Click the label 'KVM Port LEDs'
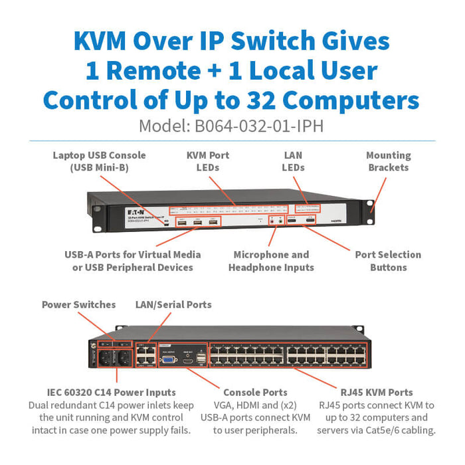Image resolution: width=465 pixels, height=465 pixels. click(x=207, y=161)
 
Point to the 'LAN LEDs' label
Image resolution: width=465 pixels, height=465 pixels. click(x=293, y=161)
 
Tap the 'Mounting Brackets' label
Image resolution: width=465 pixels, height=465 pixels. click(x=388, y=161)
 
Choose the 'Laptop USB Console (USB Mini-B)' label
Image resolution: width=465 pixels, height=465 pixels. click(x=100, y=161)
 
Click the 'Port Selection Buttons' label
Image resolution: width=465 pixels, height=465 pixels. click(x=388, y=260)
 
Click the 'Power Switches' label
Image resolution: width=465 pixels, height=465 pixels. click(x=78, y=304)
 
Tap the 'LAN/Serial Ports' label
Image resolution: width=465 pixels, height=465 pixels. click(x=173, y=304)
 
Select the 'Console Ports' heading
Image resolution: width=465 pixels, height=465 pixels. click(x=256, y=393)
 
